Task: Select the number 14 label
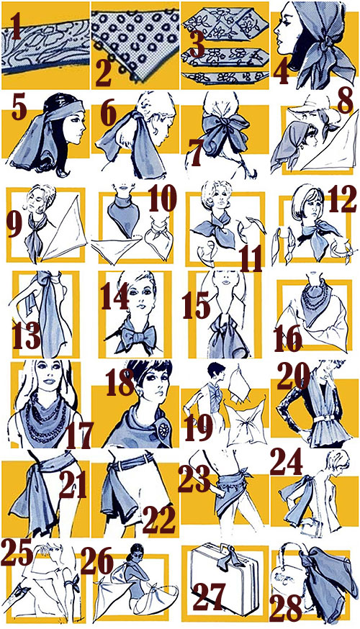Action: pos(114,296)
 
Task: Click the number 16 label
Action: pos(288,338)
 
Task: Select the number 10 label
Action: pos(163,197)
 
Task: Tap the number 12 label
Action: pos(342,200)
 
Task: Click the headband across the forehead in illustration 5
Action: pos(64,110)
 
